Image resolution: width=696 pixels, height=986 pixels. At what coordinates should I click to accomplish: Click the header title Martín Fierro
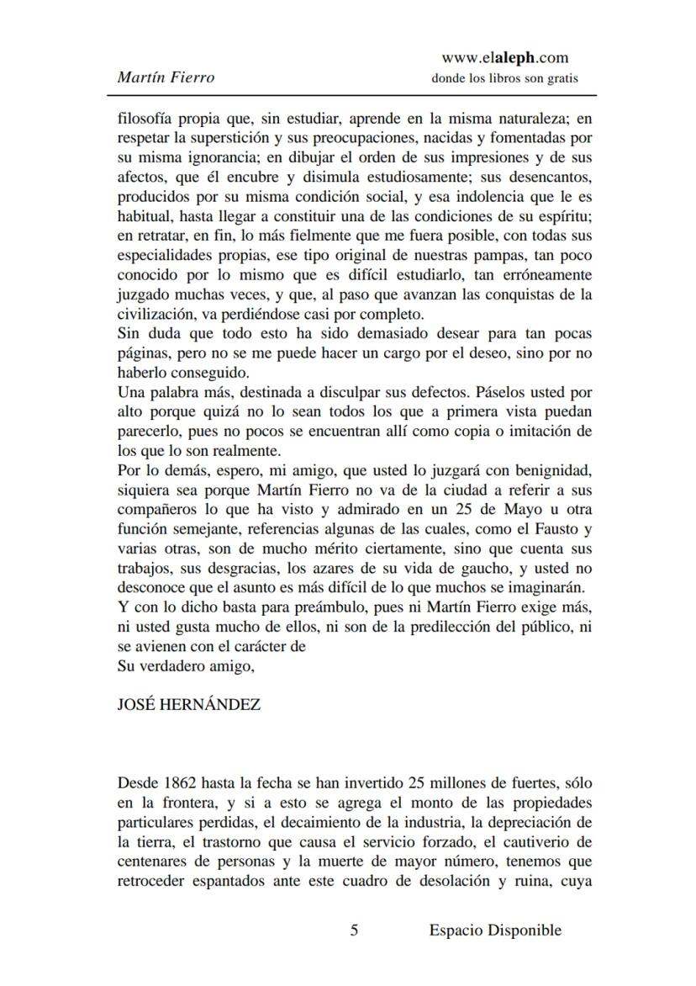166,77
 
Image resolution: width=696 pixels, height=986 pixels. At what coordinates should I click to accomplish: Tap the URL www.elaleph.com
504,58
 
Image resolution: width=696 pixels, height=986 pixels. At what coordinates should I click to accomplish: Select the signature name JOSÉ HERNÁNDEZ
188,705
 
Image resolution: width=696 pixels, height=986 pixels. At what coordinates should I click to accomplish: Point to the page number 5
354,930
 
